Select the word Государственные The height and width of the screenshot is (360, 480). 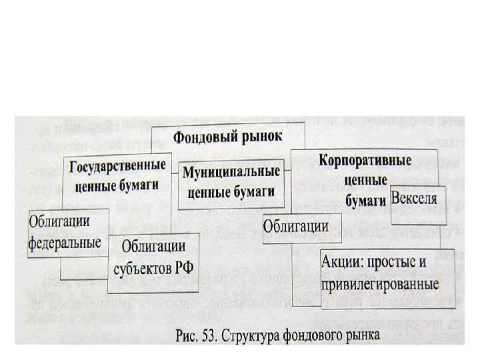click(117, 165)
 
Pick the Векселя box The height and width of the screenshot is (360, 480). click(414, 198)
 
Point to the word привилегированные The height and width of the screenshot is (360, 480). click(380, 284)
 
